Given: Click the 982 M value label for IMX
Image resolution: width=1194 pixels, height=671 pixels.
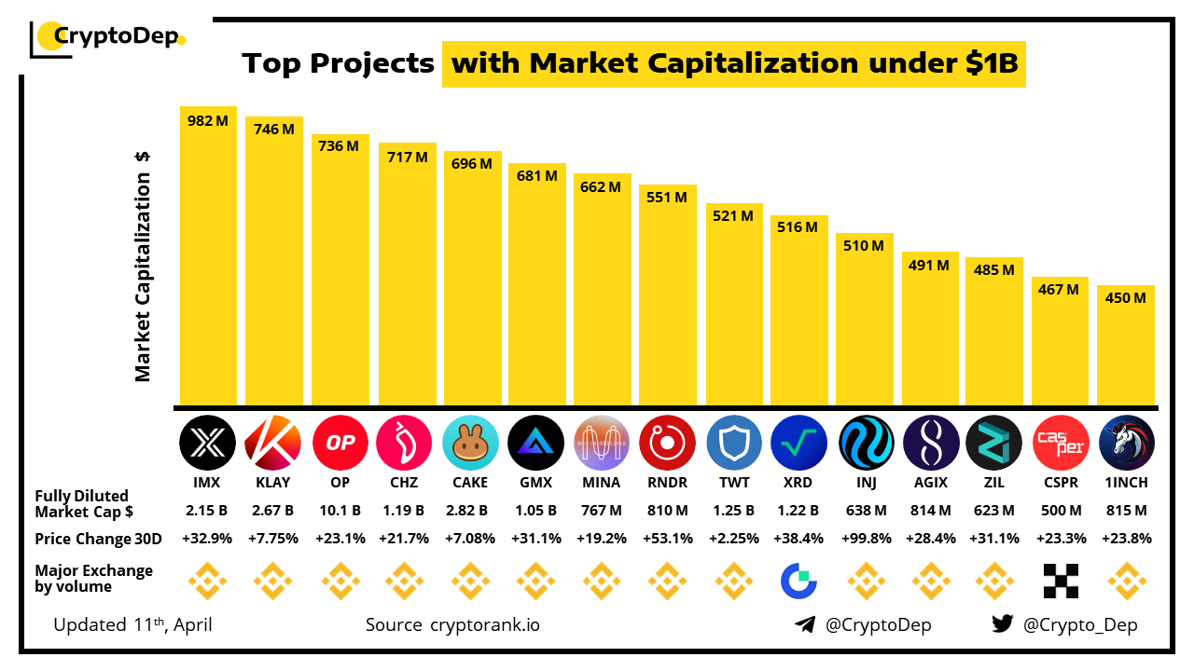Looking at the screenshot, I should pyautogui.click(x=208, y=121).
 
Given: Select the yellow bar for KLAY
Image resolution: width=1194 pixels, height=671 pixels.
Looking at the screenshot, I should pyautogui.click(x=274, y=270).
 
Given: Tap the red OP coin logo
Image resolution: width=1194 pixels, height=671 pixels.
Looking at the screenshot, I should pyautogui.click(x=340, y=443).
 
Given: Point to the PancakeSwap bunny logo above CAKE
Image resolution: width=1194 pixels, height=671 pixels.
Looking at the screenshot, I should pyautogui.click(x=471, y=443).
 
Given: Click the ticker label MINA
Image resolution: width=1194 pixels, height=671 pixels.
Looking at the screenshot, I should pyautogui.click(x=601, y=483).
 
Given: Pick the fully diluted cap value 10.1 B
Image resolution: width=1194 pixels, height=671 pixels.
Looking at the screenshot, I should pyautogui.click(x=340, y=511).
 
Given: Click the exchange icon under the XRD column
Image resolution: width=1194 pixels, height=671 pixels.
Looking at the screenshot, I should pyautogui.click(x=798, y=581).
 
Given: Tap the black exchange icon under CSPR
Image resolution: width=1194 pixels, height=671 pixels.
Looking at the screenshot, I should pyautogui.click(x=1061, y=581).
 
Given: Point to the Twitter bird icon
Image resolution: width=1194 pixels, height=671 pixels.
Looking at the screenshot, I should pyautogui.click(x=1003, y=624).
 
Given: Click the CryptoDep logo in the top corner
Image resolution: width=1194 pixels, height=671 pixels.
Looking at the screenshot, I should pyautogui.click(x=108, y=37).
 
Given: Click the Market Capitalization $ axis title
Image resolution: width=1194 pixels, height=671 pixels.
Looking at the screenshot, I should pyautogui.click(x=143, y=266).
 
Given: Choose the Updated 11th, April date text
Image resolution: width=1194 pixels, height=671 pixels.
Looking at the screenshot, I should pyautogui.click(x=132, y=624).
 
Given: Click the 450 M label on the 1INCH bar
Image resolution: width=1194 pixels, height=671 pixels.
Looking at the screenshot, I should pyautogui.click(x=1126, y=298).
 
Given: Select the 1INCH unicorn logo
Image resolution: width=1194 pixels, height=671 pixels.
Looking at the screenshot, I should pyautogui.click(x=1127, y=443).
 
